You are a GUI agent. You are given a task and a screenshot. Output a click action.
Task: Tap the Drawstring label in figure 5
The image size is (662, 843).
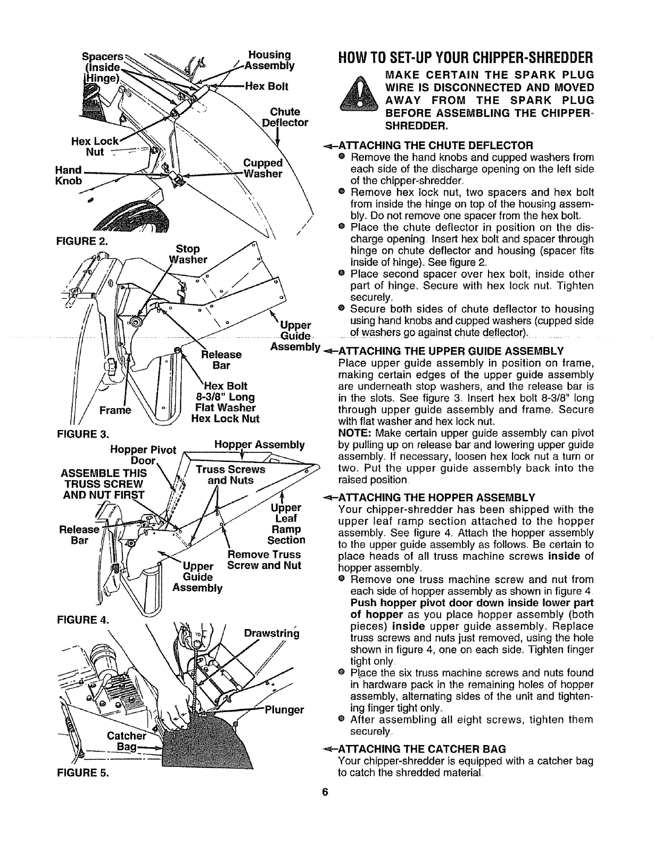pos(271,634)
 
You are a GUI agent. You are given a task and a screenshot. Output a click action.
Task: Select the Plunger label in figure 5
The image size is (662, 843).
pos(284,709)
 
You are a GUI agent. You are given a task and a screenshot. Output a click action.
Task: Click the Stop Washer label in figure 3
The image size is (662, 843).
pos(187,254)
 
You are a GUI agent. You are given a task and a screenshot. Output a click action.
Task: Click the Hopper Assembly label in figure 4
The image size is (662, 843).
pos(259,444)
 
